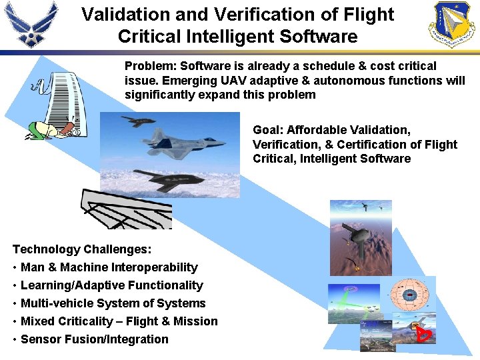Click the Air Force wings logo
31,25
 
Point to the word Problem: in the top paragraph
151,66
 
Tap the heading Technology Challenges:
82,249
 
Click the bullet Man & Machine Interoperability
109,267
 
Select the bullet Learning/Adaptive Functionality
111,285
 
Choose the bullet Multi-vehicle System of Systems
113,303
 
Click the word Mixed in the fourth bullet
39,321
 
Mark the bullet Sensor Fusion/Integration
95,339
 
